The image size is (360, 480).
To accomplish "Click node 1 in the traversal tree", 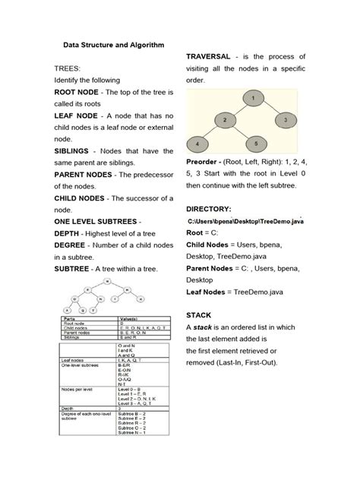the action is [250, 97].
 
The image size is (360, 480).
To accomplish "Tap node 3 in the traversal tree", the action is [283, 119].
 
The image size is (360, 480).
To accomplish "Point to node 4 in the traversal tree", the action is [198, 143].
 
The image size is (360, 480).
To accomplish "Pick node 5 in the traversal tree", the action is [256, 143].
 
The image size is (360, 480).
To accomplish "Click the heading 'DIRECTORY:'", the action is [213, 208].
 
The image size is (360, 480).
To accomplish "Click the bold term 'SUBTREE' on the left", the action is [77, 268].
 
